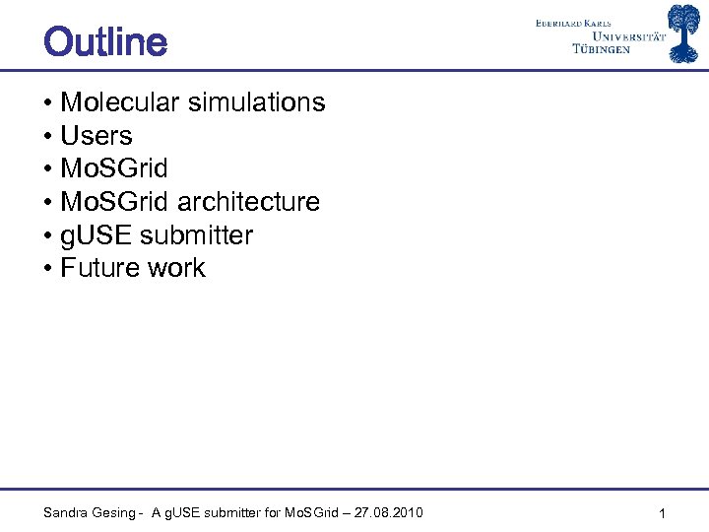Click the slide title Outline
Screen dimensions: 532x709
pyautogui.click(x=105, y=42)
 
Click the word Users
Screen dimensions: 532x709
pyautogui.click(x=97, y=136)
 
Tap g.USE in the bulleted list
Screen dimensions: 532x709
pyautogui.click(x=97, y=235)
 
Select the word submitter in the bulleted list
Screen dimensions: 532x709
pyautogui.click(x=197, y=235)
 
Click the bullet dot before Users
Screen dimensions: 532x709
pyautogui.click(x=48, y=136)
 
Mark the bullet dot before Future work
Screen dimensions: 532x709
pyautogui.click(x=48, y=268)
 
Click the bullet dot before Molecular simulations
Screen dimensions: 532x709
pyautogui.click(x=48, y=102)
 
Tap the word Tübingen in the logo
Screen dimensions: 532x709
pyautogui.click(x=601, y=49)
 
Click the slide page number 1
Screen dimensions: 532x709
pyautogui.click(x=663, y=513)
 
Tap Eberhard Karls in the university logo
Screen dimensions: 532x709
pyautogui.click(x=587, y=22)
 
